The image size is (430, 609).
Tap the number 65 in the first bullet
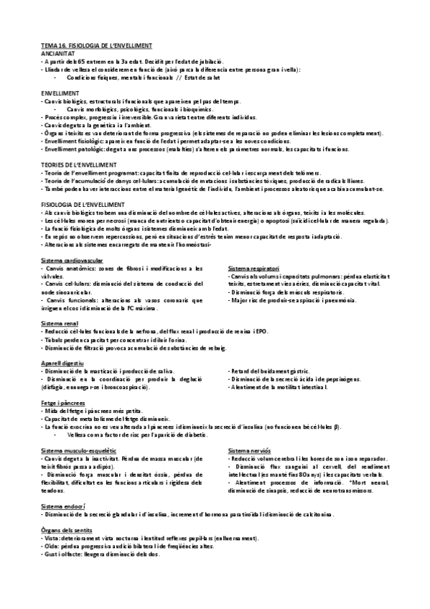(81, 62)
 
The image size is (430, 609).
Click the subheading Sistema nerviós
(248, 450)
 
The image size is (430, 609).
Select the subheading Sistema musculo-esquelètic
(77, 450)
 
